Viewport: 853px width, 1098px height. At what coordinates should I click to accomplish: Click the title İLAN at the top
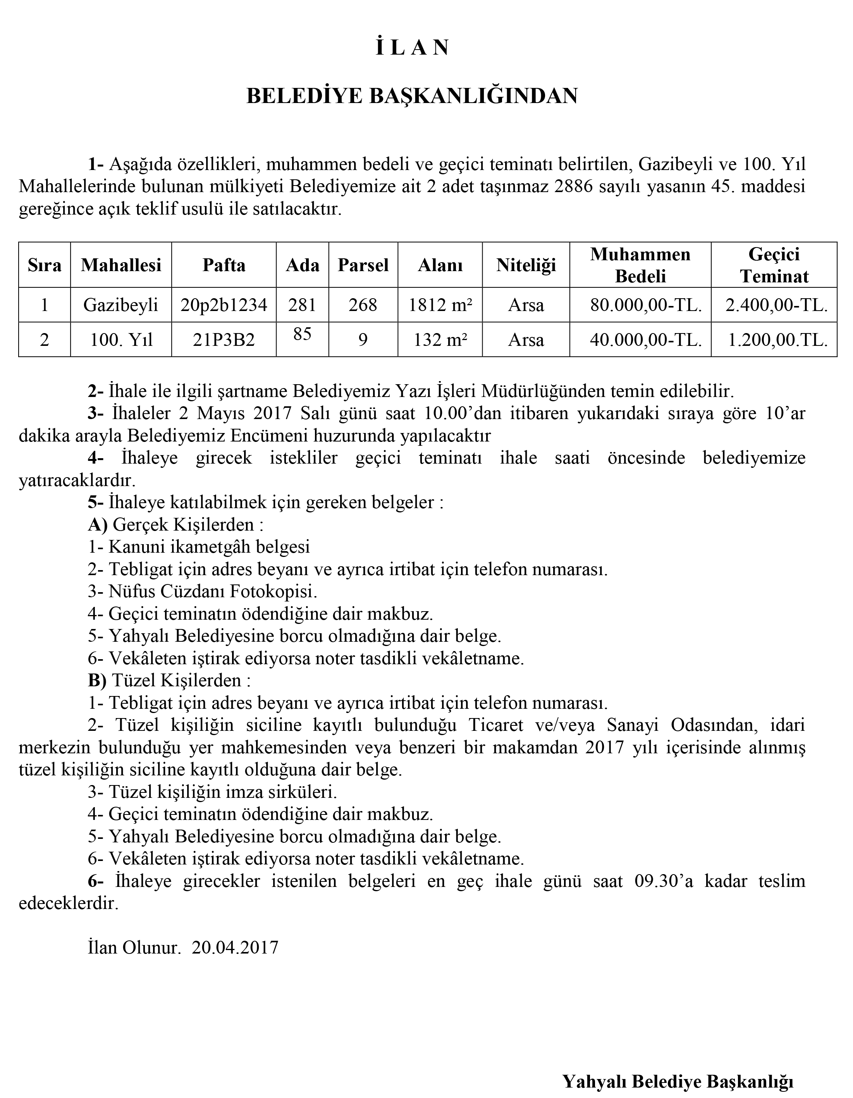pyautogui.click(x=412, y=48)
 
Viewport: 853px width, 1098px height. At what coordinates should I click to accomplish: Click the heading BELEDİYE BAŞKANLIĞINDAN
pyautogui.click(x=412, y=96)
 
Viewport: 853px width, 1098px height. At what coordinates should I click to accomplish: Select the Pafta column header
pyautogui.click(x=224, y=265)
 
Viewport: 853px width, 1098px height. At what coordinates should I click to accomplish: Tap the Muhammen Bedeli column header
pyautogui.click(x=640, y=265)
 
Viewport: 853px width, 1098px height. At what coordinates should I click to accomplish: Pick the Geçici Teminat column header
pyautogui.click(x=774, y=265)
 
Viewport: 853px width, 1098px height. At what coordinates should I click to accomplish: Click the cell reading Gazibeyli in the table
pyautogui.click(x=121, y=305)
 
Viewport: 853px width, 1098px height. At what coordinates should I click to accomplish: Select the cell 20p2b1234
pyautogui.click(x=224, y=305)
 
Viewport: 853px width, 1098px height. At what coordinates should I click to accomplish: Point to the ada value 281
pyautogui.click(x=302, y=305)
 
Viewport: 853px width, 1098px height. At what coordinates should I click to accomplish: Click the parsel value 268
pyautogui.click(x=363, y=305)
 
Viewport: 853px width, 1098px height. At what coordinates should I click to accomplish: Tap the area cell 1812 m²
pyautogui.click(x=440, y=305)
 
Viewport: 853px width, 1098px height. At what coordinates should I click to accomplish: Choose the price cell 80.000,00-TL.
pyautogui.click(x=646, y=305)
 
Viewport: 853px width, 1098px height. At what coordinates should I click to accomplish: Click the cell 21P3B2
pyautogui.click(x=224, y=340)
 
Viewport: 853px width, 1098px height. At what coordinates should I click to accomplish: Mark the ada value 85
pyautogui.click(x=302, y=334)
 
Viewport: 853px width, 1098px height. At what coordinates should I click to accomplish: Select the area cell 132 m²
pyautogui.click(x=440, y=340)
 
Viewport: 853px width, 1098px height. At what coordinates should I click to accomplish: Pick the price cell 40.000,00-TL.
pyautogui.click(x=646, y=340)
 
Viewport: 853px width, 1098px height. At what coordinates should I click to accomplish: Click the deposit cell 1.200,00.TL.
pyautogui.click(x=777, y=340)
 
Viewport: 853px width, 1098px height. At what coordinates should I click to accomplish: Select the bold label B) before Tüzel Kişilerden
pyautogui.click(x=97, y=680)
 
